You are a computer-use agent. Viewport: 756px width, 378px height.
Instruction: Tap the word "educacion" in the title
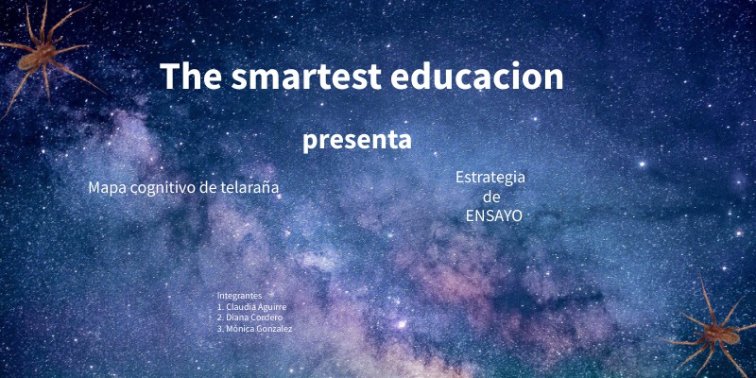(476, 77)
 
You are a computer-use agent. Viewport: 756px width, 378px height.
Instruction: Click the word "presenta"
(357, 140)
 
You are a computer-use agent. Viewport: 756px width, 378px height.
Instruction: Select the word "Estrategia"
(490, 178)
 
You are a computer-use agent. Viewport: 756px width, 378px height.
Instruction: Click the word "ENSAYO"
(493, 216)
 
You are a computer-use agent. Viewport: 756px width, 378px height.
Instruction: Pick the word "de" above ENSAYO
(491, 198)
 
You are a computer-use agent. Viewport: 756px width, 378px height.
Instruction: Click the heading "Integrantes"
(239, 296)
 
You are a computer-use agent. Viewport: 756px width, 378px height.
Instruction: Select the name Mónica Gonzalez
(259, 329)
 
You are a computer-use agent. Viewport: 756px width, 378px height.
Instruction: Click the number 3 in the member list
(219, 329)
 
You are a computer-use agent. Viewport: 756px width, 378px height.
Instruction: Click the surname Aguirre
(272, 307)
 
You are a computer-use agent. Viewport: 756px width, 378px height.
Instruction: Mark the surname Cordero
(266, 318)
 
